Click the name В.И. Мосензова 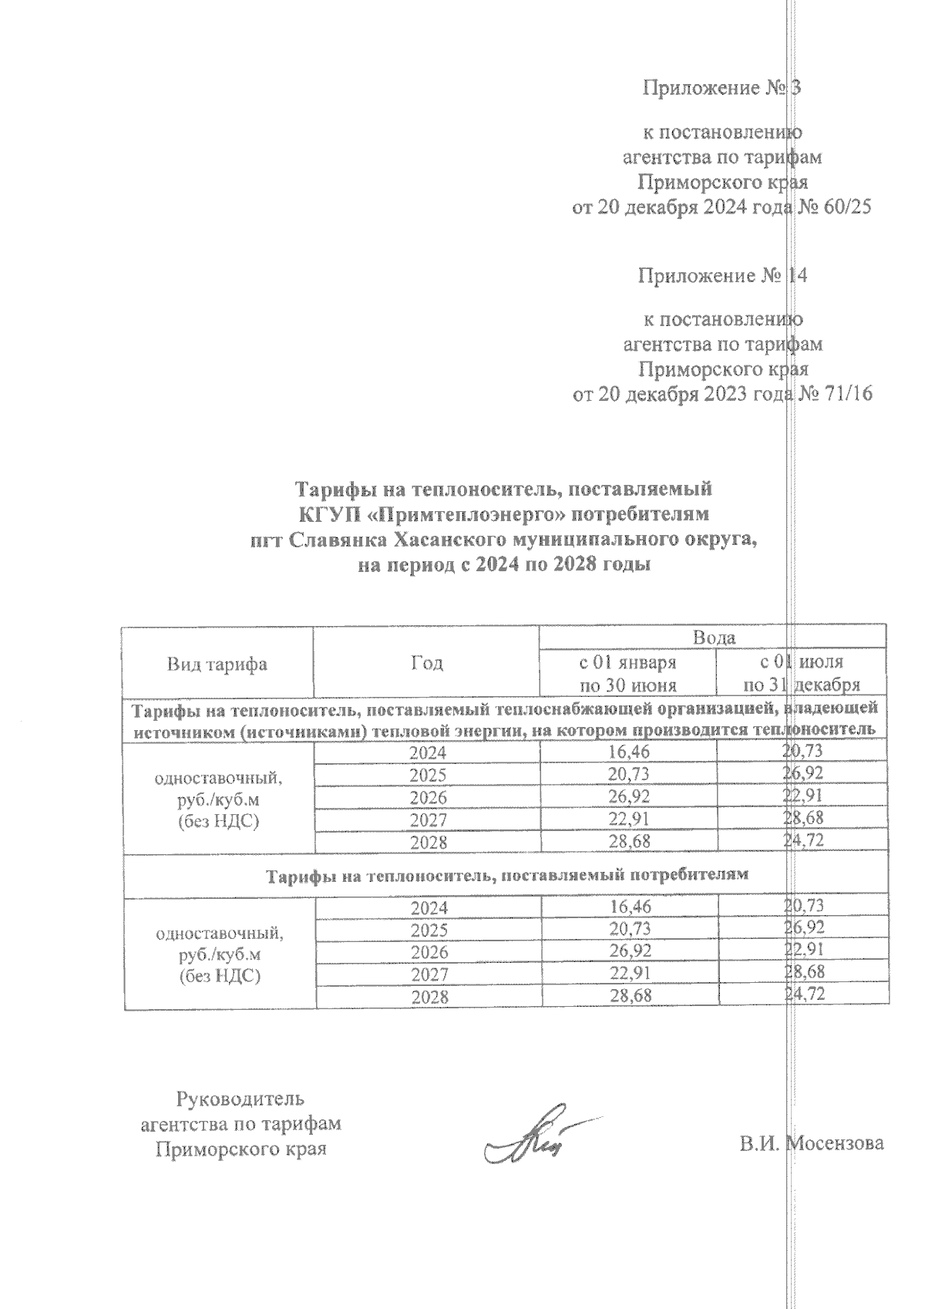[812, 1142]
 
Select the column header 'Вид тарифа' [217, 664]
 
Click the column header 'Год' [427, 664]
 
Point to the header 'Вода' [714, 638]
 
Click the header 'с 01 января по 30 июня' [627, 673]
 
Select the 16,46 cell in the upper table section [628, 752]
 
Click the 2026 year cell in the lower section [429, 953]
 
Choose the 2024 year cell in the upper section [428, 753]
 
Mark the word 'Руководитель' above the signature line [240, 1098]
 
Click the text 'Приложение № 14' [722, 275]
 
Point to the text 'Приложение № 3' [722, 88]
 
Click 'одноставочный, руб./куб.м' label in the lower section [220, 944]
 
